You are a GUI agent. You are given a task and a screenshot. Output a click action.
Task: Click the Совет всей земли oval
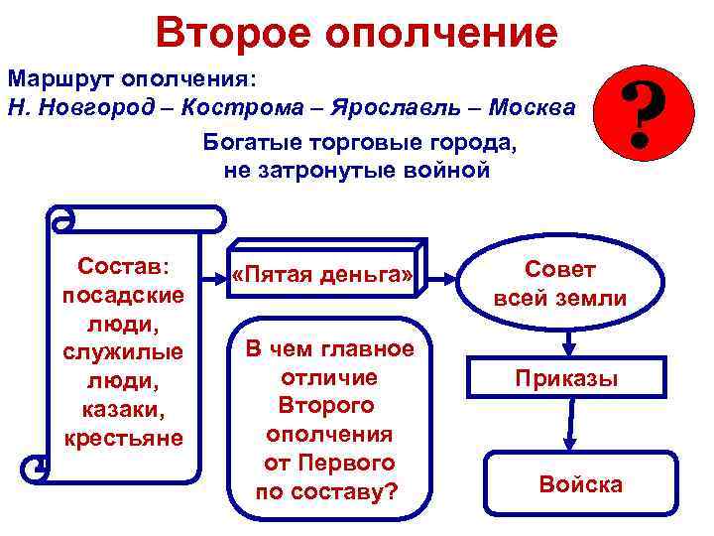tap(560, 284)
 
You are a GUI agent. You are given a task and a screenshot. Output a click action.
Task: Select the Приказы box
tap(566, 378)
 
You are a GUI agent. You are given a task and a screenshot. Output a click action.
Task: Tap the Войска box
tap(580, 484)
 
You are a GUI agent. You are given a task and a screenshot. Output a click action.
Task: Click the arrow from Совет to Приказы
tap(568, 342)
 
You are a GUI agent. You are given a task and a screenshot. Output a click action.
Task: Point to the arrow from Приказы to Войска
tap(568, 429)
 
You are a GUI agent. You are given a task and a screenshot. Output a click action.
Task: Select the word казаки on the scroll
tap(124, 409)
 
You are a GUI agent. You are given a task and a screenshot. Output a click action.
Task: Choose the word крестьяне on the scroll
tap(124, 437)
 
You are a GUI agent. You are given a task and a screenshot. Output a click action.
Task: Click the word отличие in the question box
tap(329, 377)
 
